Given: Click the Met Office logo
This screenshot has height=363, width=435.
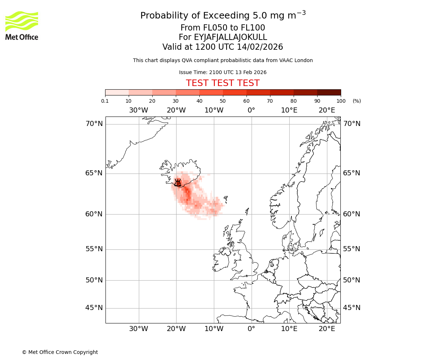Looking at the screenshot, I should (22, 25).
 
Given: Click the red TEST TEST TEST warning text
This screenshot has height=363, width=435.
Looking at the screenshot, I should (223, 83).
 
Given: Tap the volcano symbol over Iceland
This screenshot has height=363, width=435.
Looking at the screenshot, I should (178, 183).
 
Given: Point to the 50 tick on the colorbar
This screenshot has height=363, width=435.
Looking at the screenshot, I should (223, 101).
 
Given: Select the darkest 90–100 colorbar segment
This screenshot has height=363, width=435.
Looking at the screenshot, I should (329, 92).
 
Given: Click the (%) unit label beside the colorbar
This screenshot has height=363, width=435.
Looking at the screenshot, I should (357, 101).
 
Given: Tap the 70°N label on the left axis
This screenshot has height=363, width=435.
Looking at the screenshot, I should (94, 124).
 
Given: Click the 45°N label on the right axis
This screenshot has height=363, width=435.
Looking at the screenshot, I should (352, 308).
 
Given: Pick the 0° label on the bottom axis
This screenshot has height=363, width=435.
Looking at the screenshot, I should (251, 329).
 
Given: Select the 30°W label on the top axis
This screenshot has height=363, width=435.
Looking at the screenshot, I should (138, 110).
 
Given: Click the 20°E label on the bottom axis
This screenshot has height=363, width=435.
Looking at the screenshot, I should (327, 329).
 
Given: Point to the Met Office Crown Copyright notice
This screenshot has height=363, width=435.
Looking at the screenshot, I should (60, 352).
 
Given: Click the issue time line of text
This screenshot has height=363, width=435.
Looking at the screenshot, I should (223, 72).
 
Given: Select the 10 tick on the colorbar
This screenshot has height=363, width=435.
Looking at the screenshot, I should (129, 101).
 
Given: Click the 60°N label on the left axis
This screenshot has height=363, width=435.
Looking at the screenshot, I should (94, 214).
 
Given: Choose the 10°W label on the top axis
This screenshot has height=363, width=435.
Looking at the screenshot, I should (214, 110).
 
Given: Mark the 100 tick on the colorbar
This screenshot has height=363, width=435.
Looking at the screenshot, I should (341, 101).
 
